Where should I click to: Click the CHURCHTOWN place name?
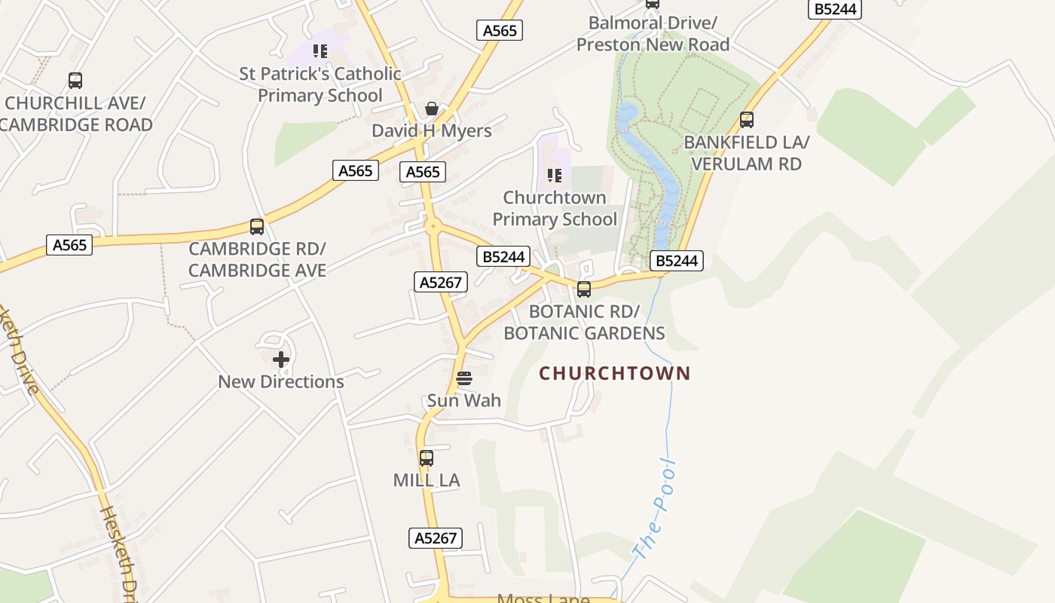pos(614,373)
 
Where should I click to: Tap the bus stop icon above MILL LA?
pos(427,458)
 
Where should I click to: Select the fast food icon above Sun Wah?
pos(464,378)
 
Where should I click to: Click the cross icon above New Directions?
pos(281,360)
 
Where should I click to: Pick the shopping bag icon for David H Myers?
pos(432,109)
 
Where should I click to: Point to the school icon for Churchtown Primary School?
pos(555,176)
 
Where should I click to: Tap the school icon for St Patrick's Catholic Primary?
pos(320,51)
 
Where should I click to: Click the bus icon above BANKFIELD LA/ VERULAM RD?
pos(747,120)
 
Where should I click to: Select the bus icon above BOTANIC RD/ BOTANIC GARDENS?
pos(584,289)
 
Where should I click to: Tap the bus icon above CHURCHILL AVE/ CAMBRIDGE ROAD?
pos(75,81)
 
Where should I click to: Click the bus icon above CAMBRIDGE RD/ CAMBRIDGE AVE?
pos(257,226)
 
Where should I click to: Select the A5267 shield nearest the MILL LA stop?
pos(436,538)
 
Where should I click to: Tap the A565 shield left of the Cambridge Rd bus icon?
pos(69,245)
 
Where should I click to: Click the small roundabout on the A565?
pos(432,225)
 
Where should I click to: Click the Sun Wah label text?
pos(464,400)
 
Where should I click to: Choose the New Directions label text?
pos(281,382)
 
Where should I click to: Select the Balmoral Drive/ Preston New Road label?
pos(653,34)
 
